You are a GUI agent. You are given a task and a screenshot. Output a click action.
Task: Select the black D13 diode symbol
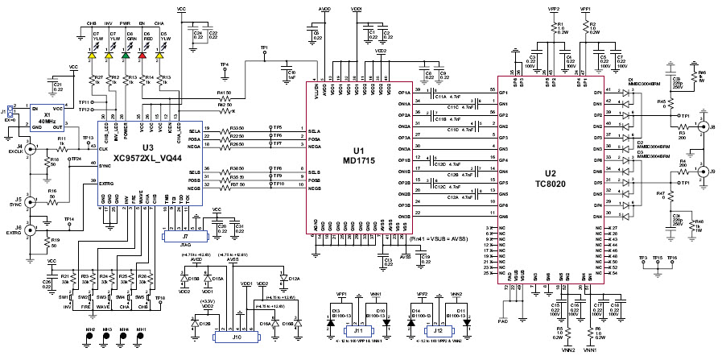coord(339,321)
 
